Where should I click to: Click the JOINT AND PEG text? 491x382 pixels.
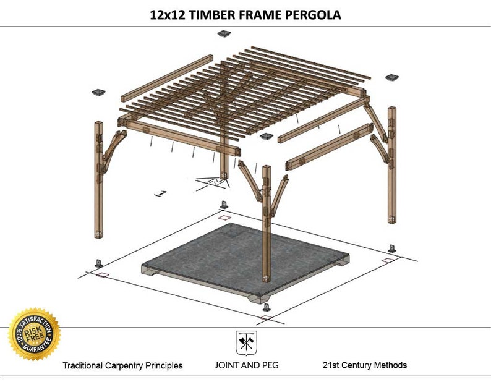245,365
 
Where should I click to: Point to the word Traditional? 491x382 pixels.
87,365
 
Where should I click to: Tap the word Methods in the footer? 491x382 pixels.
390,365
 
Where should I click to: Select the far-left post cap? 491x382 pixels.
99,93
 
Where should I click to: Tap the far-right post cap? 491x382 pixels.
391,78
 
